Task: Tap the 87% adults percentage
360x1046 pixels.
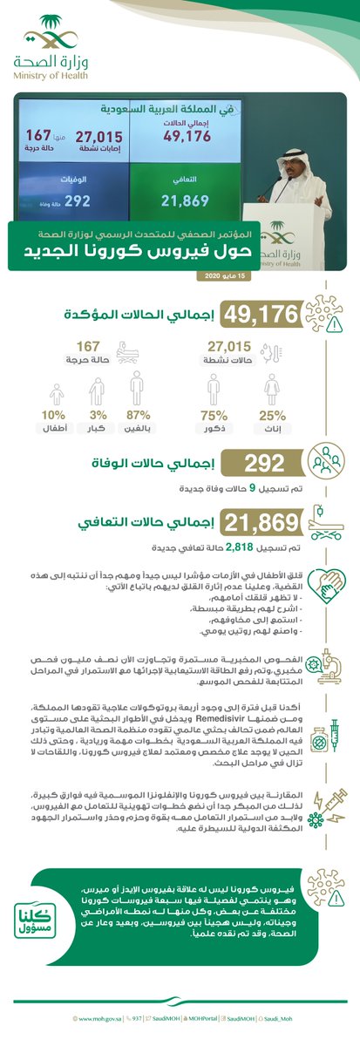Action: point(136,416)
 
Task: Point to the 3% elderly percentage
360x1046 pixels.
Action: point(97,416)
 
